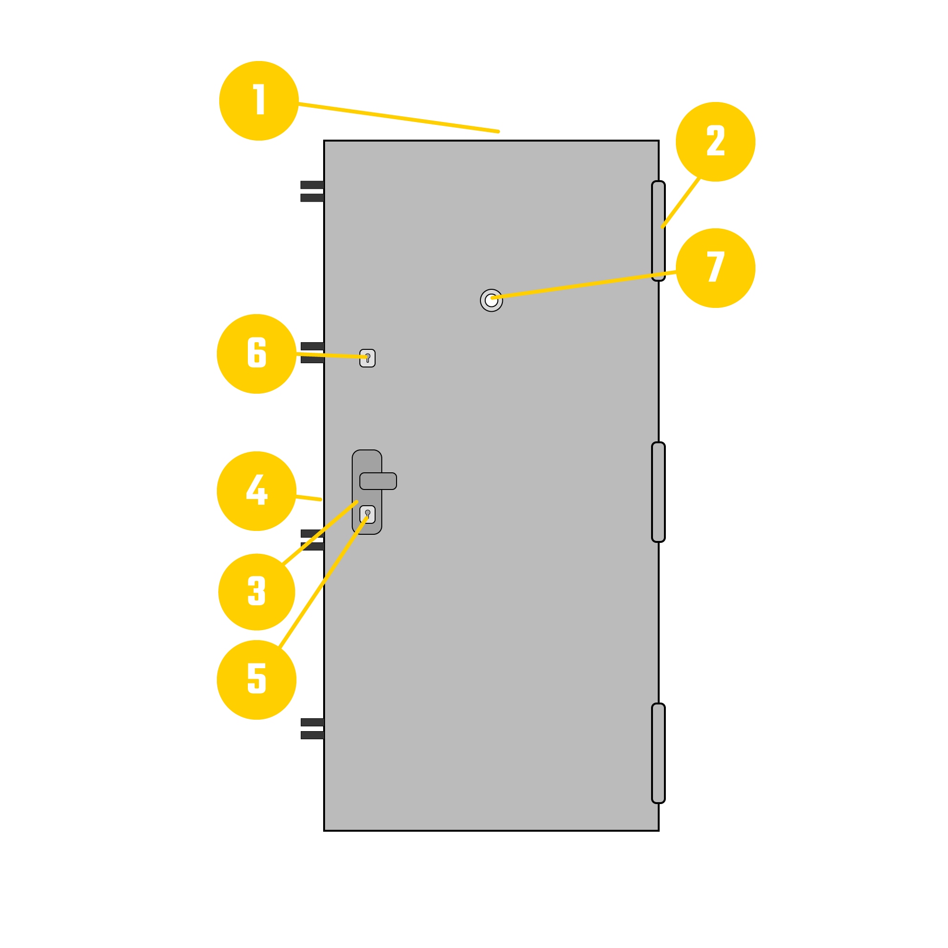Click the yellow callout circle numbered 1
coord(259,101)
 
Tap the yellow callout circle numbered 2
coord(715,142)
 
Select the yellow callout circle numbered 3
coord(256,592)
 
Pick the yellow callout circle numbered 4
coord(256,491)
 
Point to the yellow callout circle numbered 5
coord(256,680)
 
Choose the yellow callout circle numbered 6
coord(256,354)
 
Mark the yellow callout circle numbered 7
coord(715,268)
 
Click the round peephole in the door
coord(491,300)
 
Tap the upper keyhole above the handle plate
coord(367,358)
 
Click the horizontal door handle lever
coord(378,481)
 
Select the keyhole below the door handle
coord(367,514)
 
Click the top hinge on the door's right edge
coord(658,231)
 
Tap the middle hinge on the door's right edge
coord(658,492)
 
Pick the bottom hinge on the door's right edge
coord(658,753)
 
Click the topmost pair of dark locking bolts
coord(312,192)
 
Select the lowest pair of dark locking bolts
coord(312,729)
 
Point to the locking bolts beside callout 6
coord(312,353)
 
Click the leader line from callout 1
coord(398,118)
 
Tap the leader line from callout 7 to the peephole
coord(584,285)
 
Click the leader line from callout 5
coord(323,582)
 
